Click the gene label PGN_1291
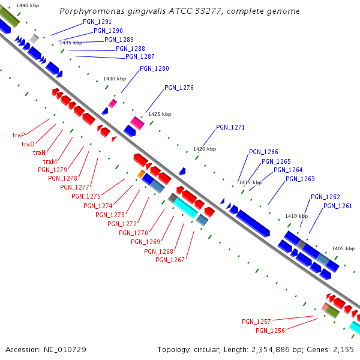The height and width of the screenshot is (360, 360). [97, 22]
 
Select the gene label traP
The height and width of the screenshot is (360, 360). [18, 136]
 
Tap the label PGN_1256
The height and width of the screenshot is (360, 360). [270, 331]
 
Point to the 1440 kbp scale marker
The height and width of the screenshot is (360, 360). [28, 5]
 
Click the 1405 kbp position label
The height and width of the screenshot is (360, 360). [343, 248]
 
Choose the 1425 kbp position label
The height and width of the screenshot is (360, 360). [160, 114]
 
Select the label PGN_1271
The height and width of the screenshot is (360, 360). [230, 127]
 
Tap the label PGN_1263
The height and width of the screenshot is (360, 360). [300, 179]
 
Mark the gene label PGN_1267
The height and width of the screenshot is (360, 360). [170, 260]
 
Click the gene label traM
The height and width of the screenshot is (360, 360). [50, 161]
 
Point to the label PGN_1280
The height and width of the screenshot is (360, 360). [154, 68]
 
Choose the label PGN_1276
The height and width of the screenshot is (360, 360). [179, 88]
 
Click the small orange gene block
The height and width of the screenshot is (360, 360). [141, 174]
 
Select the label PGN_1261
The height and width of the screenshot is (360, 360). [338, 206]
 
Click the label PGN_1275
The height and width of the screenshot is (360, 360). [86, 196]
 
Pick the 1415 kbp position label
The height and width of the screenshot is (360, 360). [250, 182]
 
